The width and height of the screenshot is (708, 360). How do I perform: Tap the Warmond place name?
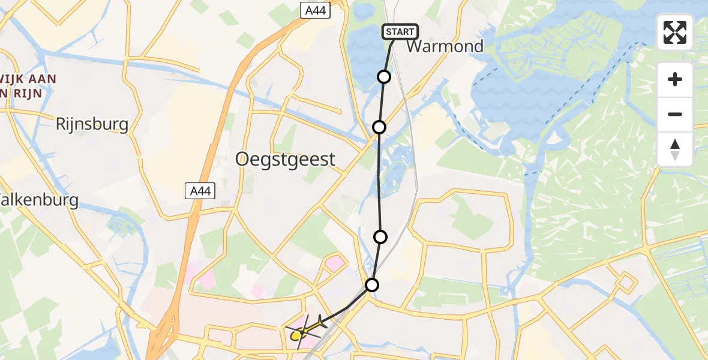coord(445,47)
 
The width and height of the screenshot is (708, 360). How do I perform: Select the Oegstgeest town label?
coord(285,159)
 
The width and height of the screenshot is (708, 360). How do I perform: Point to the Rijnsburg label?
coord(92,124)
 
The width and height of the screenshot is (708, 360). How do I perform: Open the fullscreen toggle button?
coord(675,32)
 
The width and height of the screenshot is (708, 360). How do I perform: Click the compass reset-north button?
coord(675,149)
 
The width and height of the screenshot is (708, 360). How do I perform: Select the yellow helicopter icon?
coord(298,335)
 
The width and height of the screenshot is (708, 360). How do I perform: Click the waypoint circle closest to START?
coord(384,77)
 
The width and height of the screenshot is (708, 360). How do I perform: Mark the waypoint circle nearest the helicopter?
coord(372,285)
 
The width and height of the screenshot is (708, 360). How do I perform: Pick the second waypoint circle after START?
coord(379,127)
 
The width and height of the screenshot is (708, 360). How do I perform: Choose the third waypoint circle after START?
coord(380,237)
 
